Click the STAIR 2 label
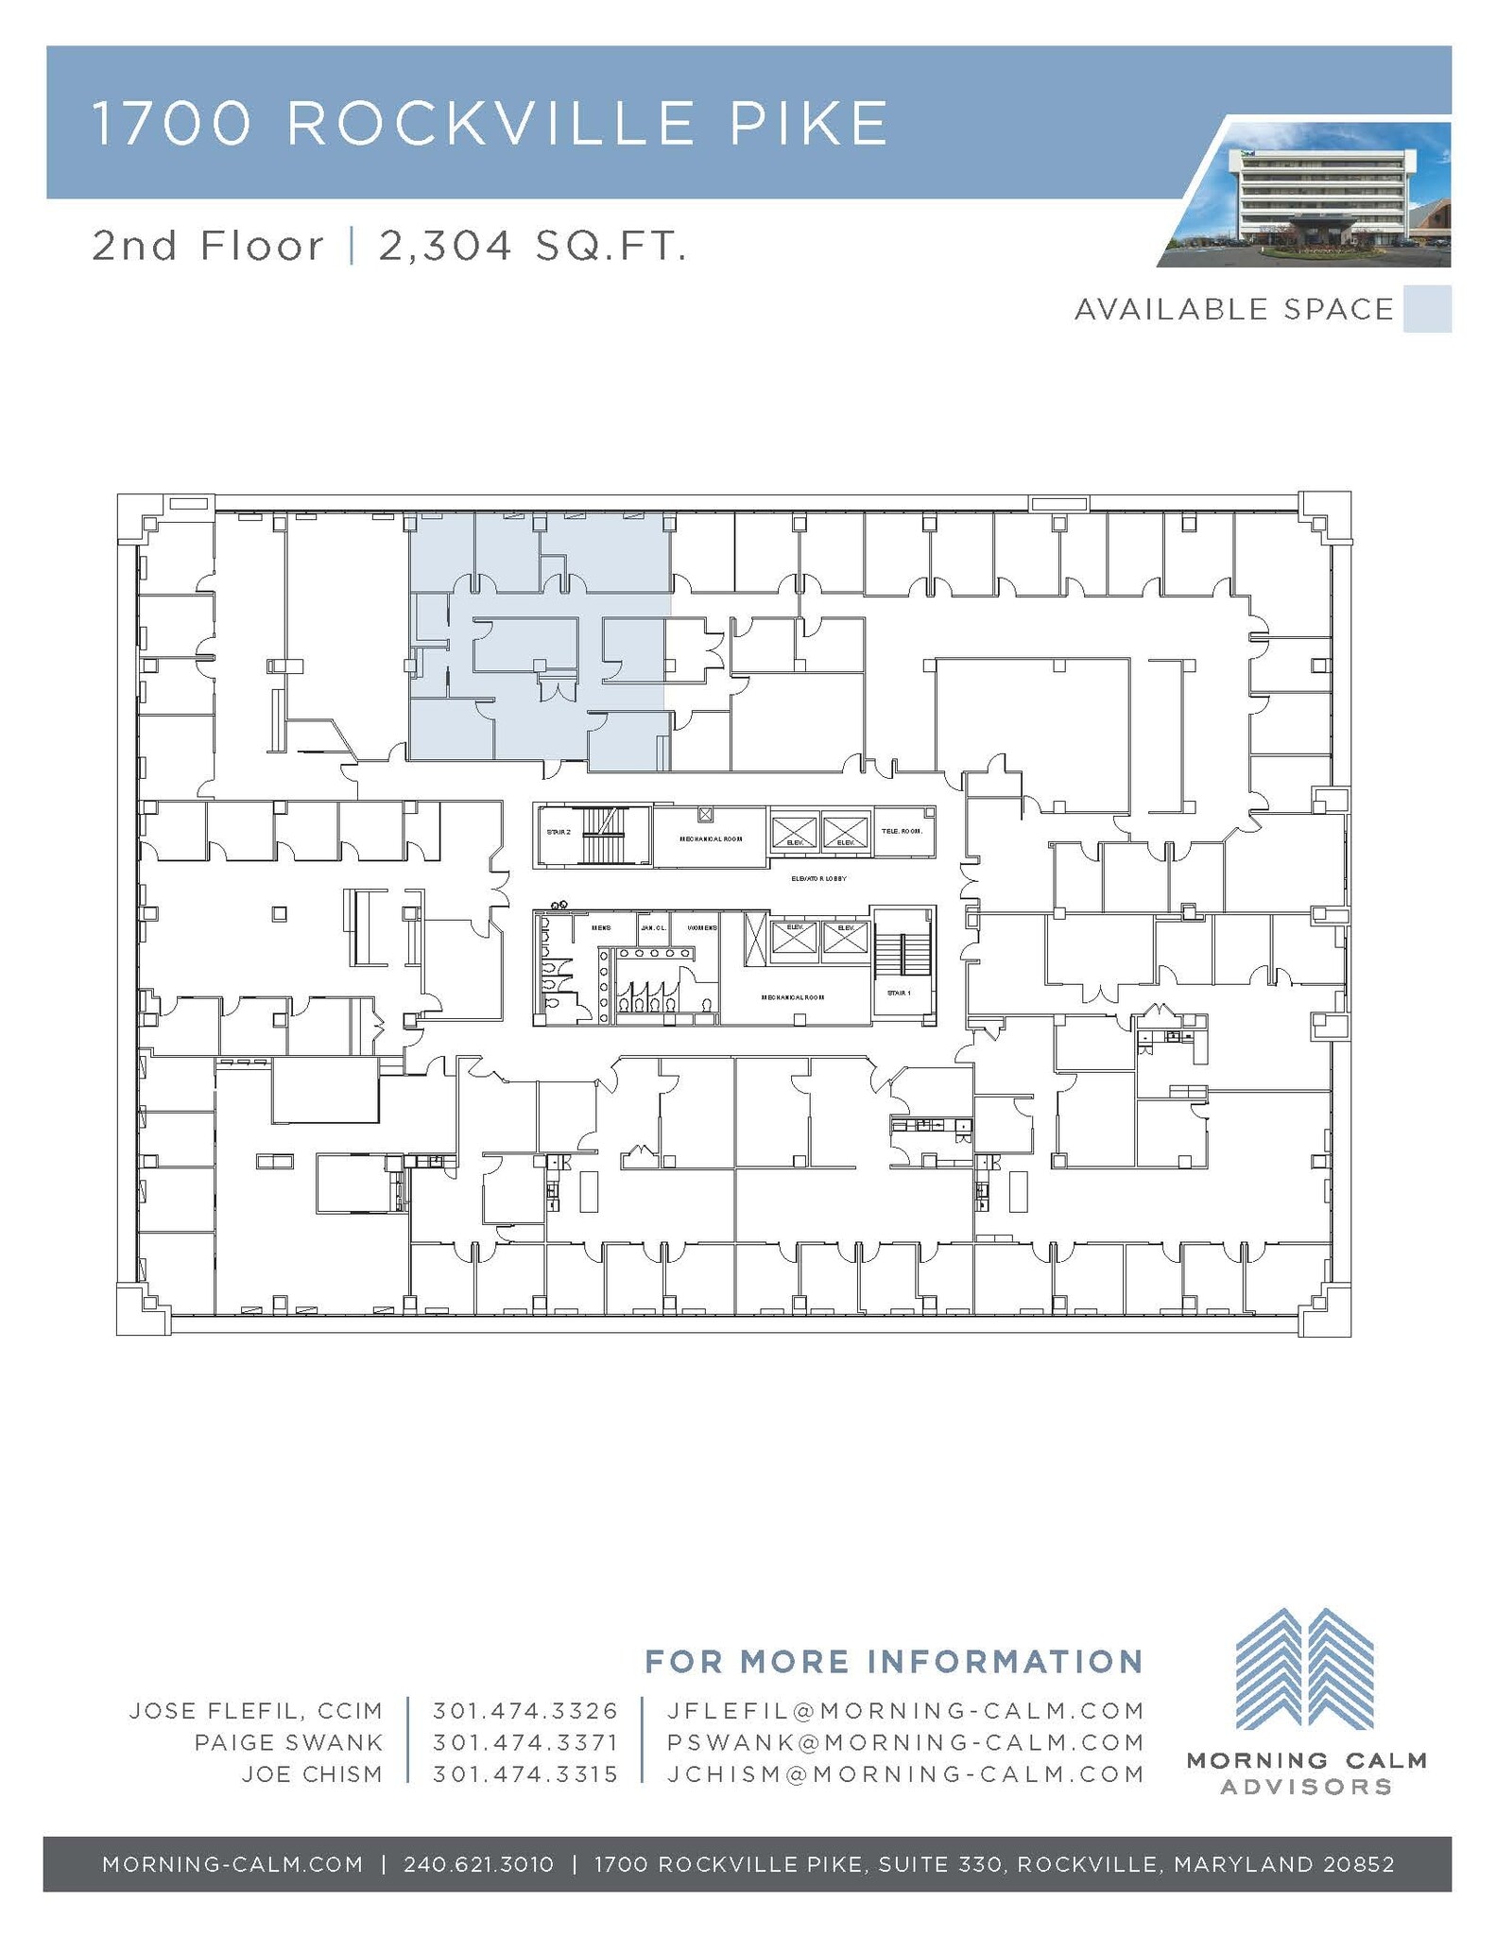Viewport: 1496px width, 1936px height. (x=559, y=833)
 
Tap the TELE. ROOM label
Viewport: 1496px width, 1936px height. (x=902, y=831)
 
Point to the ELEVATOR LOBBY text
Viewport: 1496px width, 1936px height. (x=818, y=879)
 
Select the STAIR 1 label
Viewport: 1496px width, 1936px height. (x=899, y=993)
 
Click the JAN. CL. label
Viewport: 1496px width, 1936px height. (x=653, y=928)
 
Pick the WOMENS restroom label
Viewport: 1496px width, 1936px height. (x=702, y=928)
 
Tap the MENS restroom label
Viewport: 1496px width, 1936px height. (x=601, y=928)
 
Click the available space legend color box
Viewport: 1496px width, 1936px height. (x=1427, y=309)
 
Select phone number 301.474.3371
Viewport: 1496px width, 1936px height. (x=525, y=1742)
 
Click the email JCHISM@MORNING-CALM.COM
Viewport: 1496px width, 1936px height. (x=905, y=1774)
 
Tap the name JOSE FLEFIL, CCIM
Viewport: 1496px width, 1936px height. (x=256, y=1711)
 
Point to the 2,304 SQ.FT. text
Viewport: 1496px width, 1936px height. (x=532, y=247)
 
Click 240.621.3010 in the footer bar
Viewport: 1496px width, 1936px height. (x=478, y=1864)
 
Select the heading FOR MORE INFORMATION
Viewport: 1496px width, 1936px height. (x=893, y=1661)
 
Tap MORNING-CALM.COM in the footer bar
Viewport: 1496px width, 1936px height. (x=232, y=1864)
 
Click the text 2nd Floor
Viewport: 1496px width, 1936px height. (x=208, y=247)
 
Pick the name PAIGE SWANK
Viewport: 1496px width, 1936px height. (x=288, y=1742)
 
